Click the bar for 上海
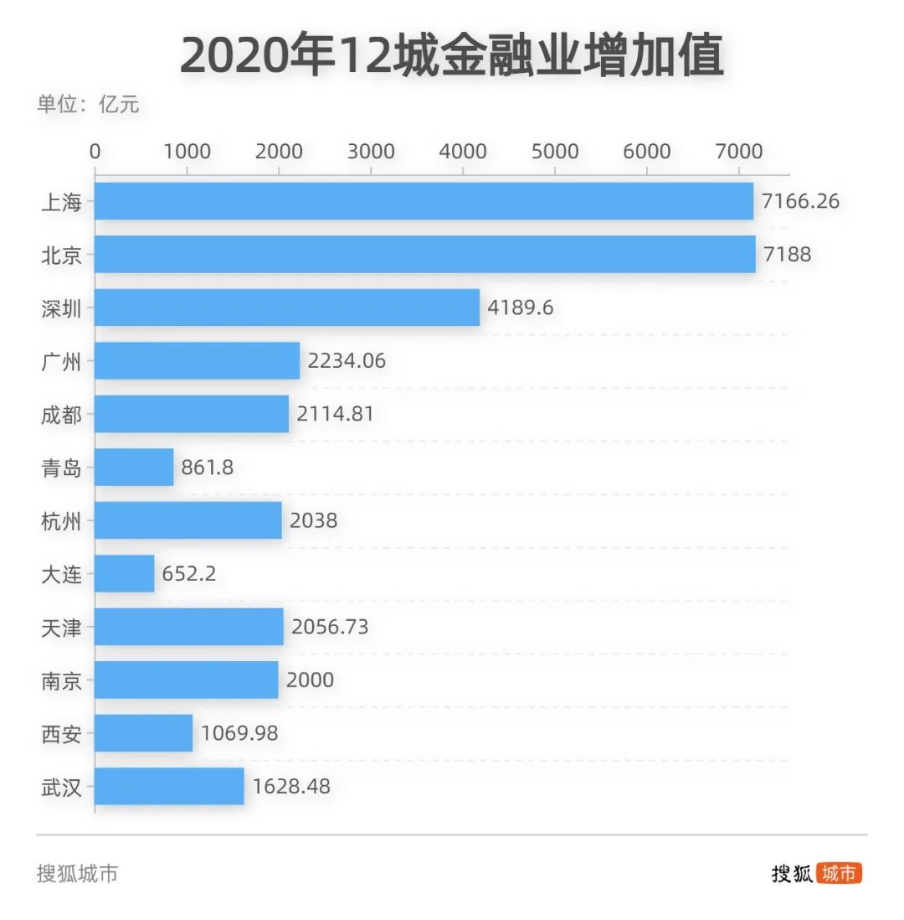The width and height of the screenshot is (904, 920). (424, 201)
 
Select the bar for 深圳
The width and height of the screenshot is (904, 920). (286, 308)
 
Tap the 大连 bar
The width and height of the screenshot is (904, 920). (124, 573)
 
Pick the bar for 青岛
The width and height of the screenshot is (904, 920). (134, 467)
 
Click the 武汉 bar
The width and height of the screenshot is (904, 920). (169, 786)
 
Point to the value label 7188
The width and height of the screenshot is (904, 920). (787, 255)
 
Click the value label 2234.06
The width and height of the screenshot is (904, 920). (347, 361)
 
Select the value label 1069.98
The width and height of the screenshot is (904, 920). (239, 733)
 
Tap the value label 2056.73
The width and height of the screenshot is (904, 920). (330, 627)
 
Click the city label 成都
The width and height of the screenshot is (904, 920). (62, 414)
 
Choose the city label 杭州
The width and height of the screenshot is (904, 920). (62, 520)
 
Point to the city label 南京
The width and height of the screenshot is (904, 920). (62, 680)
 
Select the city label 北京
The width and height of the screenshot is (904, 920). (62, 255)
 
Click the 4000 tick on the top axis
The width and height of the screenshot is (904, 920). (463, 151)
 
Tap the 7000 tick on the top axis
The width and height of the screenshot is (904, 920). (739, 151)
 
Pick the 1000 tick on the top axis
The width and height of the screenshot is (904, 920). (187, 151)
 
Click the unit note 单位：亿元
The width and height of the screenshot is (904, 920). (88, 105)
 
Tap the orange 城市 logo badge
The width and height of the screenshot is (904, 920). (839, 873)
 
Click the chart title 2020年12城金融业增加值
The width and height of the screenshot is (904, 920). (452, 56)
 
